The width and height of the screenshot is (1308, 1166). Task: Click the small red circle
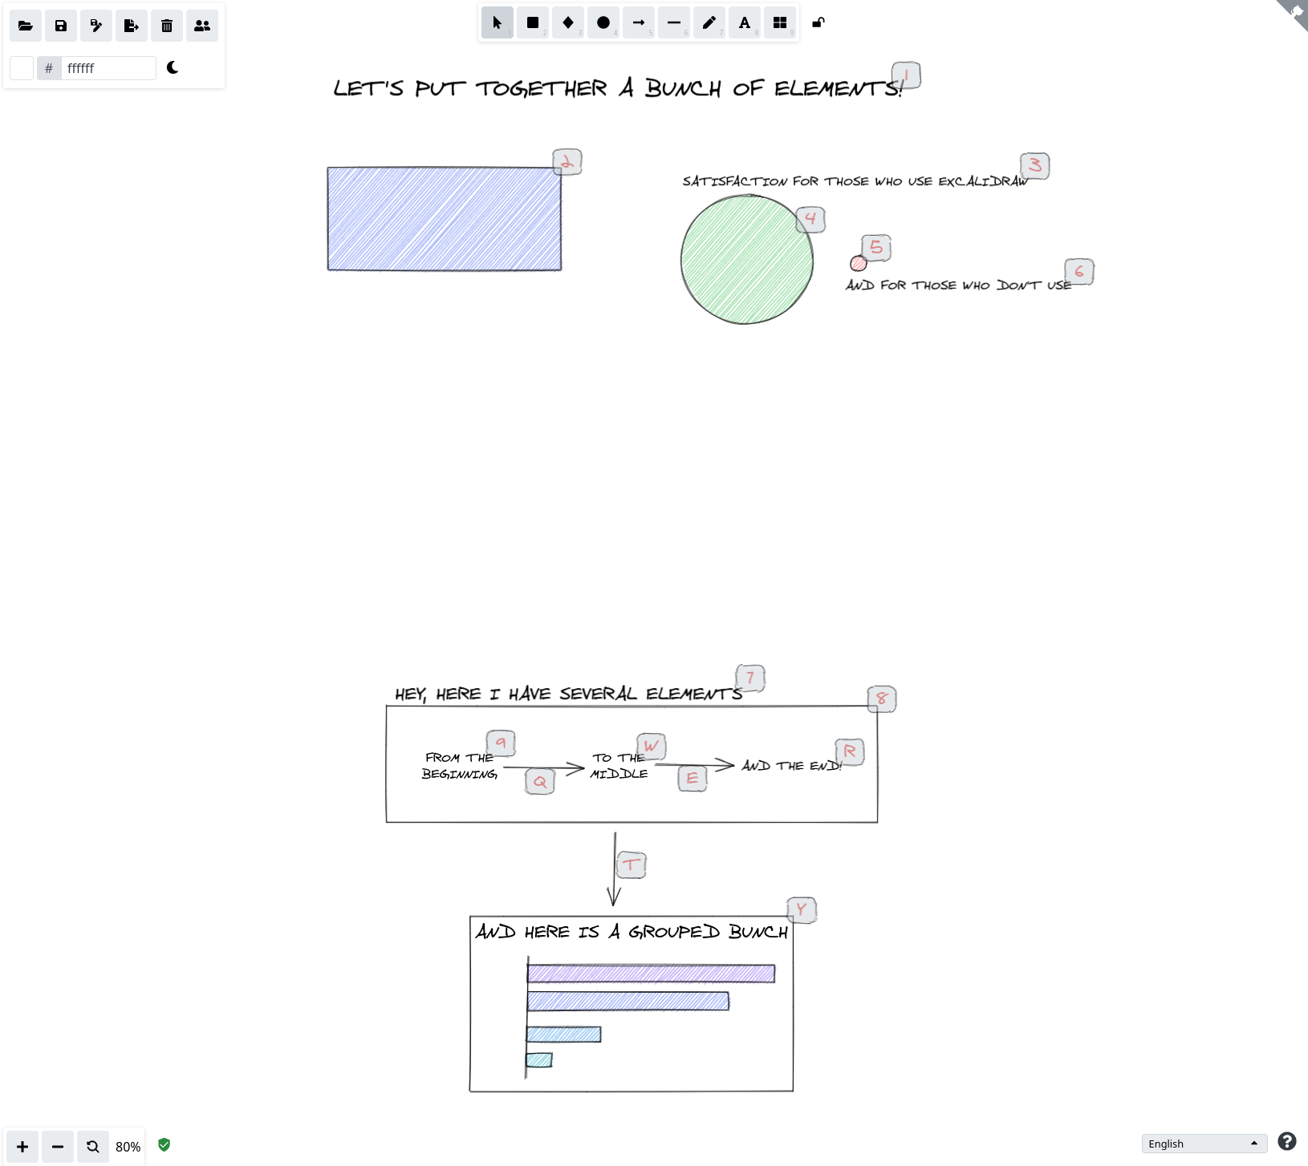point(858,263)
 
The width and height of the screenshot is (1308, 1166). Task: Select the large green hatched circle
point(746,260)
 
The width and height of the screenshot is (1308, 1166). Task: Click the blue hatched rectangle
point(444,218)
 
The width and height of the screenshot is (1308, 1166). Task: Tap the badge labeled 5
point(876,248)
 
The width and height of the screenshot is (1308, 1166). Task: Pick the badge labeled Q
point(540,781)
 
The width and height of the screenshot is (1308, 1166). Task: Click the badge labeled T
point(632,864)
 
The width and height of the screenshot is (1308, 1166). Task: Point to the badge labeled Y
point(802,910)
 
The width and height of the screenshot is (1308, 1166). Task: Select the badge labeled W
point(652,746)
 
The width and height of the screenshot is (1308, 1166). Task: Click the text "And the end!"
point(790,766)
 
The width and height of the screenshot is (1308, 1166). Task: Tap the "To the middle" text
point(619,766)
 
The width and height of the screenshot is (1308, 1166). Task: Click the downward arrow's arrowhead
point(614,898)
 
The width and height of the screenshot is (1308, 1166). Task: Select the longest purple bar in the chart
point(651,974)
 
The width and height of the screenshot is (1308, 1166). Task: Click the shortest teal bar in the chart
point(539,1060)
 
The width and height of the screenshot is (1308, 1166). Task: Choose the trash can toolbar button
point(167,26)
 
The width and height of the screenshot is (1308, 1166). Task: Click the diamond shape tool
point(568,22)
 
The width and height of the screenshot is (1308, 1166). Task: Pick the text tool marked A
point(745,22)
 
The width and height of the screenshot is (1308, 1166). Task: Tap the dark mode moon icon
point(173,67)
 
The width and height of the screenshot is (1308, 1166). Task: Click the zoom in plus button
point(22,1147)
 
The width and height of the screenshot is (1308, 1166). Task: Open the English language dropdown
point(1204,1144)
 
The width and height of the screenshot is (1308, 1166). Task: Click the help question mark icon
point(1287,1141)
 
